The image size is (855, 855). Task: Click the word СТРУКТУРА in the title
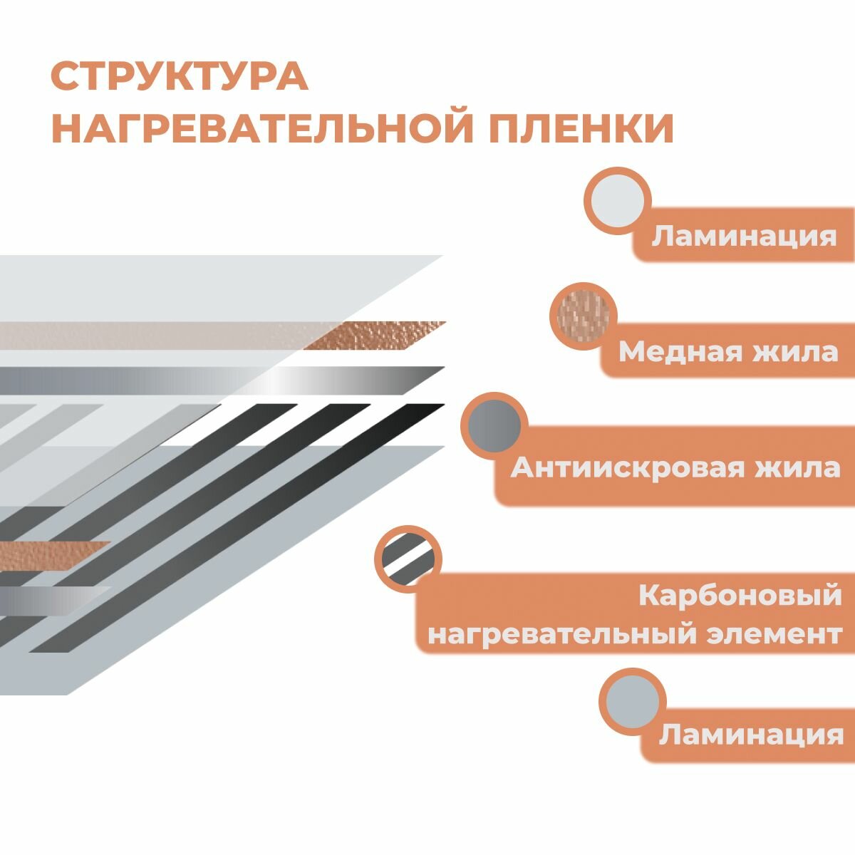179,76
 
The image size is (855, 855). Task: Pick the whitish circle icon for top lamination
618,200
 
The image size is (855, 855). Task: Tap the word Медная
668,351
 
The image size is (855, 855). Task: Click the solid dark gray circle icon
495,426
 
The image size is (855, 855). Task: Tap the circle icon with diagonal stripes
408,559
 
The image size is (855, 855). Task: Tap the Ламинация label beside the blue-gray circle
750,735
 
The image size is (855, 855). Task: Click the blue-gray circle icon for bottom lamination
633,702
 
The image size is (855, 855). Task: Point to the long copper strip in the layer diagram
214,336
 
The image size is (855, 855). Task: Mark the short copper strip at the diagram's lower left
50,554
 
